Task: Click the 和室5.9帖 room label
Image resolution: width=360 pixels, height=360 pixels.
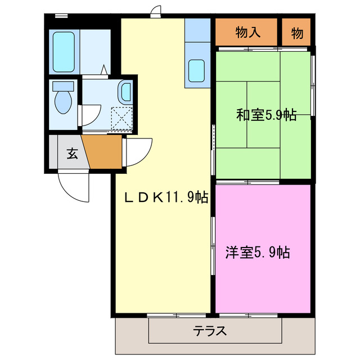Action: [266, 115]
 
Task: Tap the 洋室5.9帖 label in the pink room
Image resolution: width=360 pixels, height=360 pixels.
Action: [258, 253]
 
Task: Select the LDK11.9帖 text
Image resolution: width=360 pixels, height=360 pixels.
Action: [166, 197]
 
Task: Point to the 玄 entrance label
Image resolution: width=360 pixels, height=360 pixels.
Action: [73, 152]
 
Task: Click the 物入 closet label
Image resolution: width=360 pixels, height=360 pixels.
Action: [247, 33]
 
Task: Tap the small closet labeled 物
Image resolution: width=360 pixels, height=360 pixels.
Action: [297, 33]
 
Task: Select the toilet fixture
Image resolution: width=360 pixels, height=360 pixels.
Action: [62, 98]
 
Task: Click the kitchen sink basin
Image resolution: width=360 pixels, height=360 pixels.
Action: [197, 71]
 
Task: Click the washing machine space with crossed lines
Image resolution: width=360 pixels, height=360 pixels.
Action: [121, 118]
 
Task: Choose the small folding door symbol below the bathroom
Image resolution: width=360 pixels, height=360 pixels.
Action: [105, 70]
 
